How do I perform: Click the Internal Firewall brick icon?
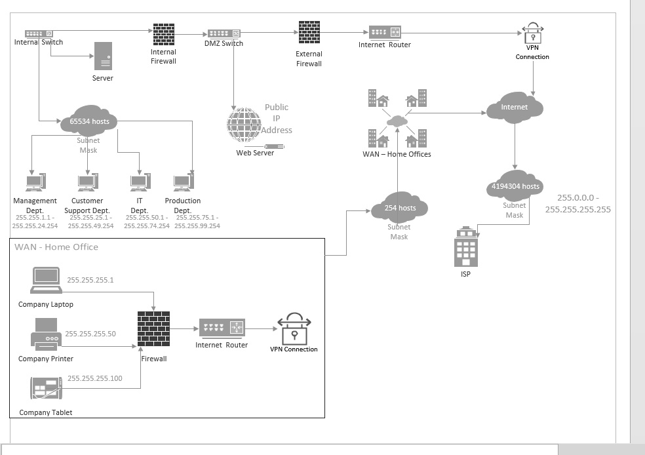164,34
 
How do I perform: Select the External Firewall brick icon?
309,33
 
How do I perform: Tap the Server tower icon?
103,56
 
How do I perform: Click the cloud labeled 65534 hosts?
89,121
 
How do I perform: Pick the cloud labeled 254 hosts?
399,207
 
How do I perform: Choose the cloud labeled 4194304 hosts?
515,186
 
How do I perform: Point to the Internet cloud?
515,108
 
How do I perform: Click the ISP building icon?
465,247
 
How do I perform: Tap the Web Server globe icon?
244,125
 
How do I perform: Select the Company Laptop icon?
46,280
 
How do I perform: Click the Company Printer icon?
46,334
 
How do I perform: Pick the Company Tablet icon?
46,388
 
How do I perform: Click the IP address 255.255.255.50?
90,334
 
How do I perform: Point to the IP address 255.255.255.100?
94,378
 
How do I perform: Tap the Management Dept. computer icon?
35,182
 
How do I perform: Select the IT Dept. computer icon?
140,182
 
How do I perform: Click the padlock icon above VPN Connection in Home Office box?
294,328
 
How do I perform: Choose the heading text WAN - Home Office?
56,247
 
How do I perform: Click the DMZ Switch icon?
224,33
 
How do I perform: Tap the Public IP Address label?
277,119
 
